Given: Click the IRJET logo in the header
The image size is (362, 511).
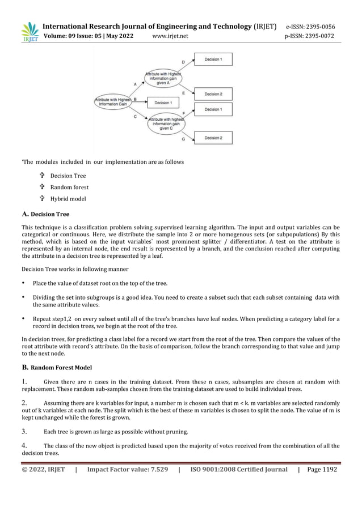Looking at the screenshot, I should coord(30,32).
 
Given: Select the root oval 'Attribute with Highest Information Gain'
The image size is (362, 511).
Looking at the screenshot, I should coord(112,102).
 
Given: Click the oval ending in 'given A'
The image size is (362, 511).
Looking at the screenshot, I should coord(163,78).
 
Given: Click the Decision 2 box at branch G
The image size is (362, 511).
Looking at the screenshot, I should coord(213,138).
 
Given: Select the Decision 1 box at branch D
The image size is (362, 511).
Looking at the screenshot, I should coord(213,59).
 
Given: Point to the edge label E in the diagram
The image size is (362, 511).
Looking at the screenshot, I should coord(183,92).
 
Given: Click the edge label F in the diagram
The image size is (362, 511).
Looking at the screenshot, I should coord(183,113).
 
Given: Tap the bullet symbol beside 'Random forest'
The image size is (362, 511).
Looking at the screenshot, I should coord(42,187).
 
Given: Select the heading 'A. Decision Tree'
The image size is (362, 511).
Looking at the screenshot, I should coord(45,214).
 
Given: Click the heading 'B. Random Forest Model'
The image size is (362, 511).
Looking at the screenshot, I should coord(55,368).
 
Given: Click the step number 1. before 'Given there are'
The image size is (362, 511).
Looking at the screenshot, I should coord(25,382).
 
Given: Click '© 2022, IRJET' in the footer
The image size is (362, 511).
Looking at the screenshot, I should coord(43,470).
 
